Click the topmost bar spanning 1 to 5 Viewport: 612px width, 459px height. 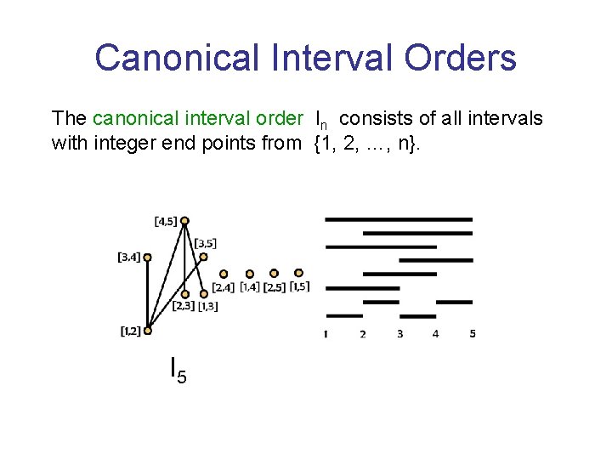pos(399,219)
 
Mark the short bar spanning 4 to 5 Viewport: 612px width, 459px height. pos(453,301)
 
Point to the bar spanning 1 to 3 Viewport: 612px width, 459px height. pos(362,288)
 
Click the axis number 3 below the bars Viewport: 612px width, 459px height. pos(399,334)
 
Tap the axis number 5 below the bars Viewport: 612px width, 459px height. pos(473,334)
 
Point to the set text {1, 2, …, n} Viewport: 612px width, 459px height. pos(365,143)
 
